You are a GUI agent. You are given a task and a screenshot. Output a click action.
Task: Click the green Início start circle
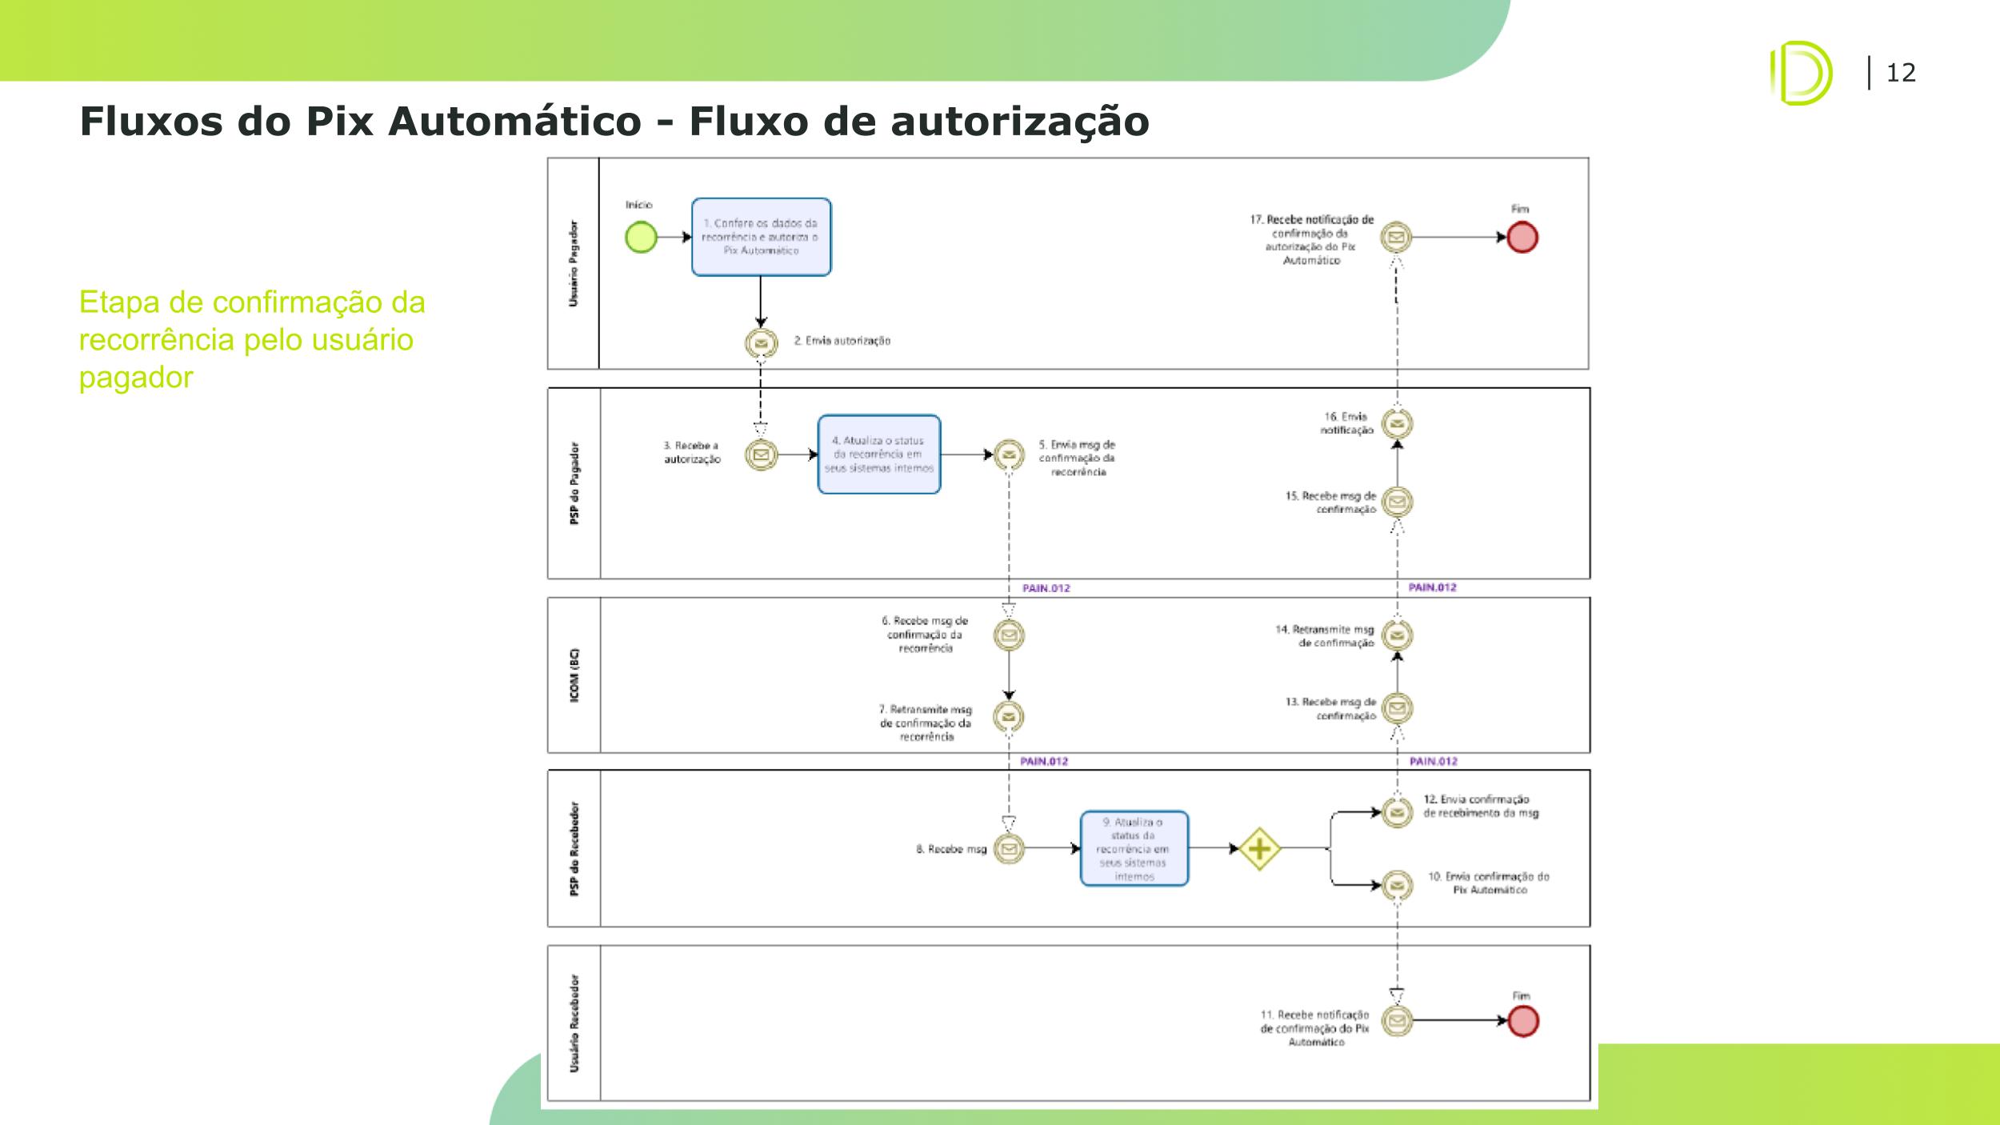pos(641,238)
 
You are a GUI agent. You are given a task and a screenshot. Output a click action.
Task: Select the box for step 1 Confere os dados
pos(761,237)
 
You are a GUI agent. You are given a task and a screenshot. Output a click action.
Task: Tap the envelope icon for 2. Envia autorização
pos(761,343)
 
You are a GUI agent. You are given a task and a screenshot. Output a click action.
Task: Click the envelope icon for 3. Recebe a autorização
pos(761,455)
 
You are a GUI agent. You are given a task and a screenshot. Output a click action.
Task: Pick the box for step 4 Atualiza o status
pos(879,454)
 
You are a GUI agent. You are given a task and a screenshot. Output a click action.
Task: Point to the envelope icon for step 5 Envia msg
pos(1009,455)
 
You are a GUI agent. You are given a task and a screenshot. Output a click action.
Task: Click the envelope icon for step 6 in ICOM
pos(1009,635)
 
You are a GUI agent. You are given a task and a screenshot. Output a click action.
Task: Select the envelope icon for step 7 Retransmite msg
pos(1009,717)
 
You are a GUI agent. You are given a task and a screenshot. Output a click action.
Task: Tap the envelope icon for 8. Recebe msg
pos(1009,848)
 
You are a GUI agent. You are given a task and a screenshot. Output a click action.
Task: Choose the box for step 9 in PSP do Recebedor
pos(1134,848)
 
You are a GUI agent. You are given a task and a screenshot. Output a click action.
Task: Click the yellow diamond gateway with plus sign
pos(1259,849)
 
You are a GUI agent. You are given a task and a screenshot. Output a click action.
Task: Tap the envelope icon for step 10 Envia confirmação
pos(1397,885)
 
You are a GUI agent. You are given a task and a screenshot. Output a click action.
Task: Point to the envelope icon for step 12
pos(1397,813)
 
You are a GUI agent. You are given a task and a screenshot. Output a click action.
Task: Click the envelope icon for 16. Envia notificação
pos(1397,424)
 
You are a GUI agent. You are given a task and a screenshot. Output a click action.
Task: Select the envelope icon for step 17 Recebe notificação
pos(1397,238)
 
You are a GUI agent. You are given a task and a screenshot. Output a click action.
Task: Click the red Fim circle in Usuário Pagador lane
pos(1522,238)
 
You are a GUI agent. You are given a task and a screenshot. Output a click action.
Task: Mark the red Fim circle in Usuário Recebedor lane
pos(1522,1021)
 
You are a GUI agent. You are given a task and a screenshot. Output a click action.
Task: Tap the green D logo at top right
pos(1800,73)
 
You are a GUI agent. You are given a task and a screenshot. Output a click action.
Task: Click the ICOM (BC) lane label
pos(574,675)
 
